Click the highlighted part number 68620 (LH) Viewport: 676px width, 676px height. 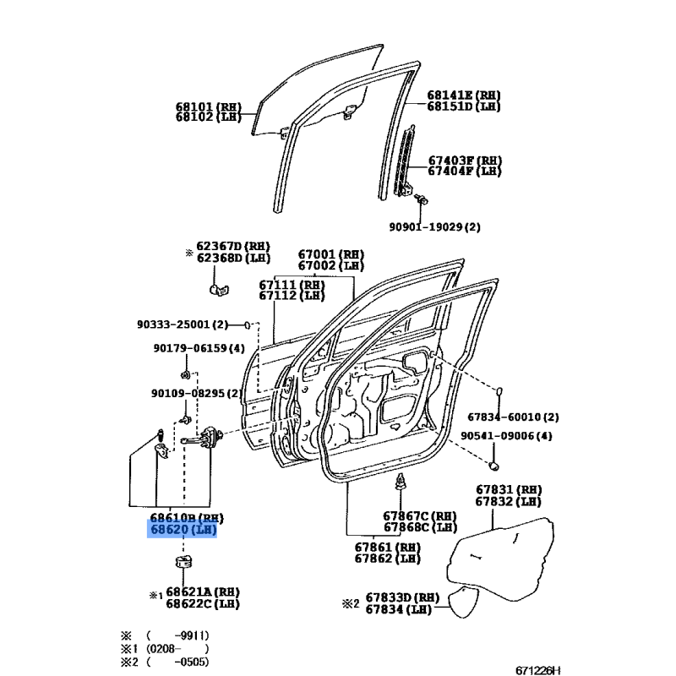click(x=183, y=531)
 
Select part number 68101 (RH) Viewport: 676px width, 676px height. click(x=208, y=107)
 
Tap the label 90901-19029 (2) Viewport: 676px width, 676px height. click(x=434, y=227)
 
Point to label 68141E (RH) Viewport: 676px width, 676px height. click(x=463, y=95)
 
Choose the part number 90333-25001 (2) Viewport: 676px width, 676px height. click(x=182, y=324)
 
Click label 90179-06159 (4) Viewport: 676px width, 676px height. click(x=199, y=348)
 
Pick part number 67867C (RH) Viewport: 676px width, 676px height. click(x=419, y=516)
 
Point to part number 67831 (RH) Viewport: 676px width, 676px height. click(x=508, y=489)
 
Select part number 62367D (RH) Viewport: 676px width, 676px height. click(x=232, y=246)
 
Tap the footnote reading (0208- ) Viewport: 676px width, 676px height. click(x=177, y=649)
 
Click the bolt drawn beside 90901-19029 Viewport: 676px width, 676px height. click(x=422, y=199)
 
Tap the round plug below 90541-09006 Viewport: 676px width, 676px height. click(x=496, y=466)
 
